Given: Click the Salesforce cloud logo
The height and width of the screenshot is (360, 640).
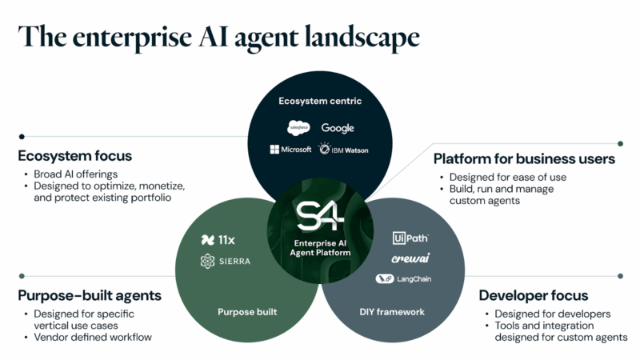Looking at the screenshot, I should (298, 128).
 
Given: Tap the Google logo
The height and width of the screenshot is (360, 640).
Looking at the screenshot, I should (338, 128).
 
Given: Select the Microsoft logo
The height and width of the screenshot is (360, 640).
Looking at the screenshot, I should (291, 150).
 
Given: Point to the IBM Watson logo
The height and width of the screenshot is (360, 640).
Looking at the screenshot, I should (343, 150).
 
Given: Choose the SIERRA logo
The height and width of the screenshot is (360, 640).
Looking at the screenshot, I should (225, 262).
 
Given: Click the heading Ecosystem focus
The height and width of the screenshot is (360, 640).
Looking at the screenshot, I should (74, 156).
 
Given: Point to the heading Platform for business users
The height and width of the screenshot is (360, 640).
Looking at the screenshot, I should (524, 158).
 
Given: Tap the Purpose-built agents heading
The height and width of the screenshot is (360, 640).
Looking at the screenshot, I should (90, 295).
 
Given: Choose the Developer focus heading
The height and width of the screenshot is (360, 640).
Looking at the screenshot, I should (534, 295).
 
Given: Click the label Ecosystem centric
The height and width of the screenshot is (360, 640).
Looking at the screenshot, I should (320, 101).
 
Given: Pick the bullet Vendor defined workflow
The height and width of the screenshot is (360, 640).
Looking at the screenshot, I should (93, 337).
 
